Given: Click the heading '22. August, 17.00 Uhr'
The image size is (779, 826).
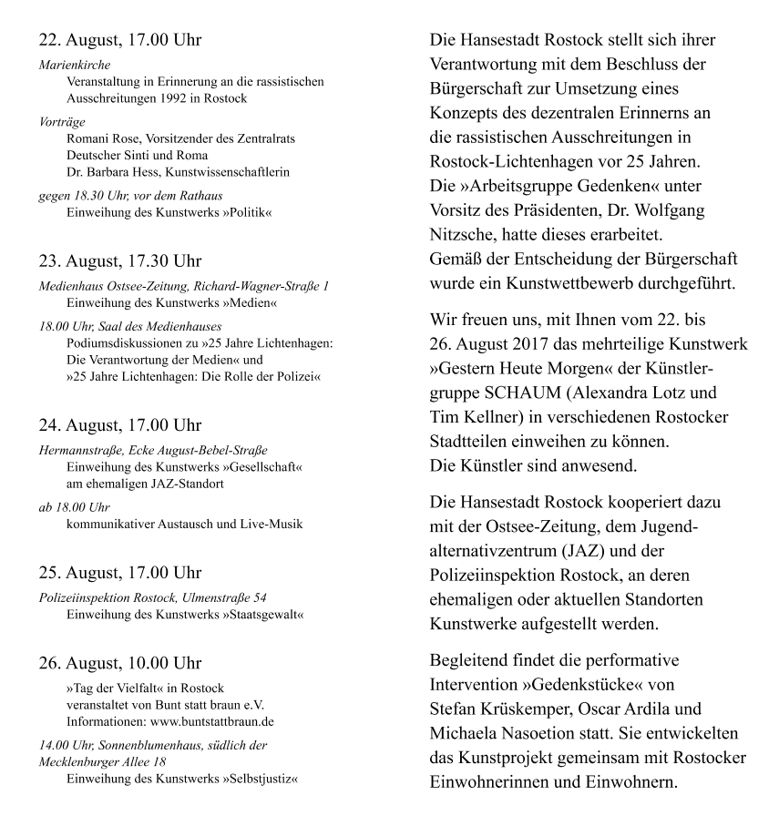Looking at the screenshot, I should point(120,41).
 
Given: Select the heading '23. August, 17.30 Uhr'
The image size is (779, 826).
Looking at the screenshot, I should point(120,261).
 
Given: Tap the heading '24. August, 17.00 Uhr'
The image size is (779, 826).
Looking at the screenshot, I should point(120,425).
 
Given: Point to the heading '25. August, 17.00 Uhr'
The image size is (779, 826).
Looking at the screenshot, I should point(120,573).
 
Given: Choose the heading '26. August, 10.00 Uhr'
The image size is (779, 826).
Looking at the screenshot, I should point(120,663).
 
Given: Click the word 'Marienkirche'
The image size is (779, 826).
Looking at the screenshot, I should point(75,66).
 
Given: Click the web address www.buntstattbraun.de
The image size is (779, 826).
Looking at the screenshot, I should point(210,721).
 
